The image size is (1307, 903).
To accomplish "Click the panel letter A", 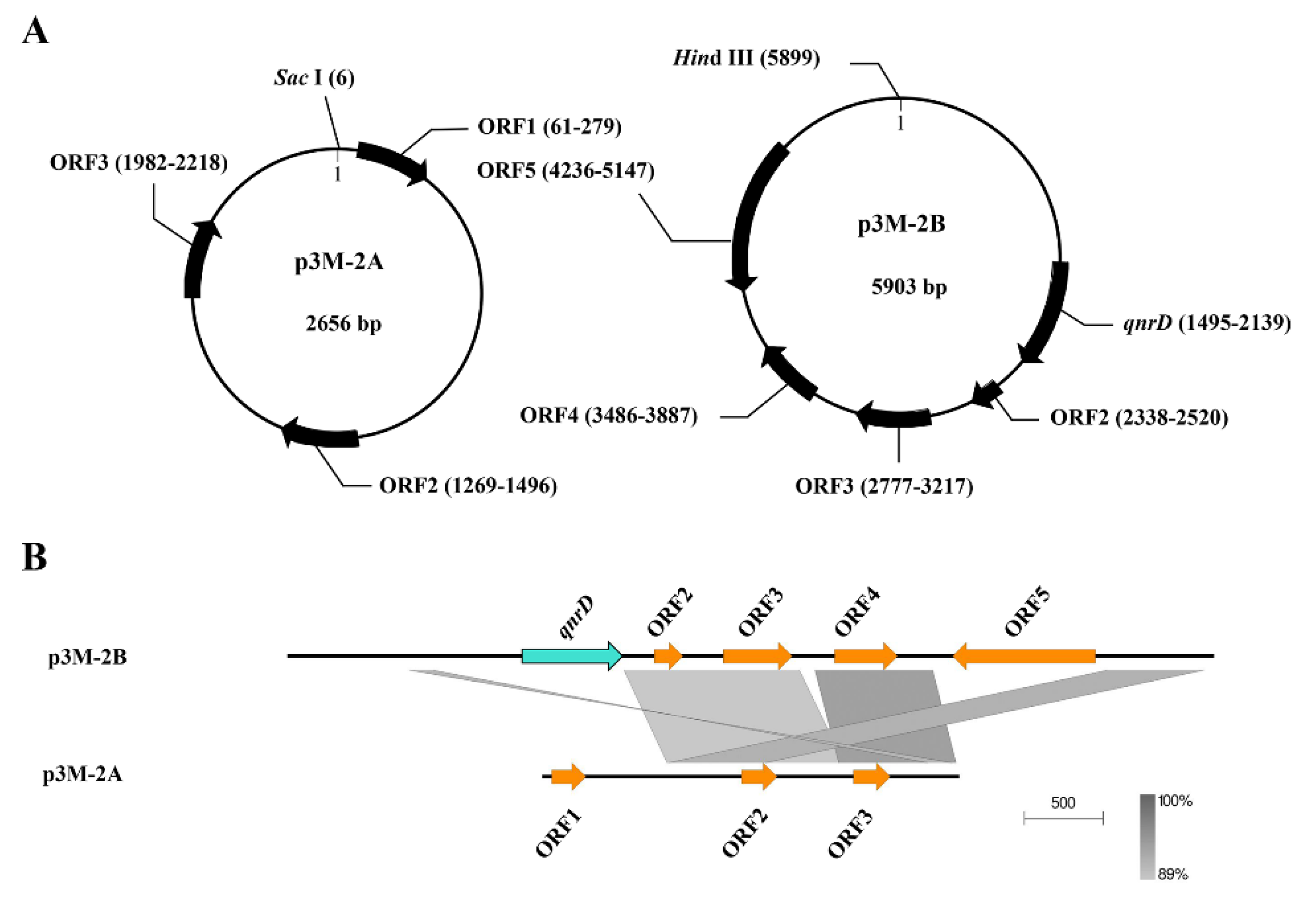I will pyautogui.click(x=35, y=31).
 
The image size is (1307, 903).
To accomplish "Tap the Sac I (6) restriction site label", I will pyautogui.click(x=314, y=78).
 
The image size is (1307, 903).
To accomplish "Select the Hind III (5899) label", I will pyautogui.click(x=746, y=58).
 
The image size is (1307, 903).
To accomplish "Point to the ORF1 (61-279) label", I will pyautogui.click(x=549, y=126).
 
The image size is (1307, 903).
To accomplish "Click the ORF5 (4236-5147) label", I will pyautogui.click(x=565, y=170).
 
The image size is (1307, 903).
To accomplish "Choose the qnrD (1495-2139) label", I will pyautogui.click(x=1206, y=323).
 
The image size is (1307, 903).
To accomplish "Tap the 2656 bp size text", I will pyautogui.click(x=343, y=324).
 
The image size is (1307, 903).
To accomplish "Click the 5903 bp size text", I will pyautogui.click(x=908, y=286).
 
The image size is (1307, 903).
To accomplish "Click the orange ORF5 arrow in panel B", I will pyautogui.click(x=1024, y=656).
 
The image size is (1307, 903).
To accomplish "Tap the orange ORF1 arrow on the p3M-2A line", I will pyautogui.click(x=568, y=776).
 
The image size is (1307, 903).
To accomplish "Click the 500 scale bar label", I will pyautogui.click(x=1063, y=803).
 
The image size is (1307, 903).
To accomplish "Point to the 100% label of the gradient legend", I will pyautogui.click(x=1175, y=801).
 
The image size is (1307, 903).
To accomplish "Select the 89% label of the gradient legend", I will pyautogui.click(x=1172, y=874).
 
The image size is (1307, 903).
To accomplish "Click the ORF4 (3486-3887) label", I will pyautogui.click(x=609, y=416).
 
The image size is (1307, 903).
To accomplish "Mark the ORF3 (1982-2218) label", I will pyautogui.click(x=139, y=163).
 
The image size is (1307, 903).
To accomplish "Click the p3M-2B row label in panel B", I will pyautogui.click(x=88, y=657).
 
